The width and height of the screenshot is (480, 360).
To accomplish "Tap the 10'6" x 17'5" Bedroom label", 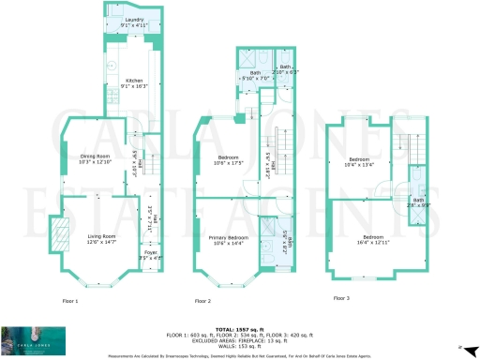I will [230, 160].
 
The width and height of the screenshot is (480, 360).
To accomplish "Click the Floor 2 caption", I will [202, 301].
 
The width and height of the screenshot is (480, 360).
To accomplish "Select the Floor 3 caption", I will [342, 298].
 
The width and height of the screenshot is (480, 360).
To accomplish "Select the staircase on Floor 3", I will [403, 146].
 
